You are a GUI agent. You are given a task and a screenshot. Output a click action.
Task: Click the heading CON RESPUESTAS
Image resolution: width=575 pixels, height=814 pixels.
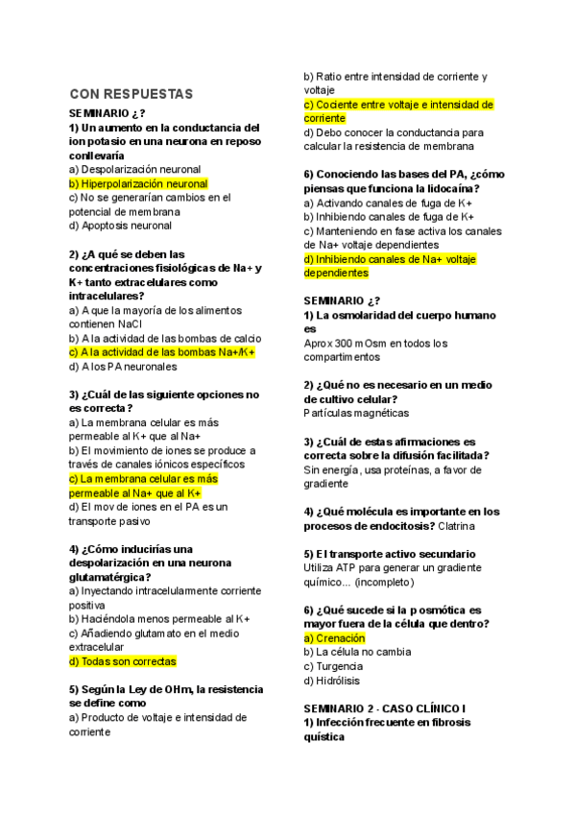[132, 94]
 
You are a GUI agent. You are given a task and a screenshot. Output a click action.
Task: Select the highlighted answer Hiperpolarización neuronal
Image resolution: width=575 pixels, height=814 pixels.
[138, 183]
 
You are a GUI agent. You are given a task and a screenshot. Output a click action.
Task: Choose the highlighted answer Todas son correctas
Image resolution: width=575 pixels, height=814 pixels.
[122, 661]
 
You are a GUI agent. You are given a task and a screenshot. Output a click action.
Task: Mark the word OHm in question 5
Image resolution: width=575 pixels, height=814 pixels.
[176, 689]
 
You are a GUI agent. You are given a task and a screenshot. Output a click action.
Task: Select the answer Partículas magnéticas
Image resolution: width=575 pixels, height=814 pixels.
[355, 413]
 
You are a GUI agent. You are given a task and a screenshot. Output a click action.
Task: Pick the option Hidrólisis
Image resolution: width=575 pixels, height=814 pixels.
[337, 681]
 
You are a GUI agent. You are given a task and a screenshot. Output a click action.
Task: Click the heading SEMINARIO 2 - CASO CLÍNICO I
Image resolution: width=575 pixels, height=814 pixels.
[384, 708]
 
